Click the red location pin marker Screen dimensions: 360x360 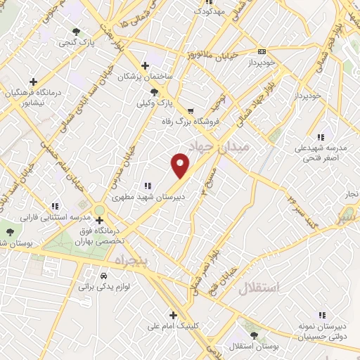click(x=181, y=165)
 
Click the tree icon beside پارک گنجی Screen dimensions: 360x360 click(x=77, y=31)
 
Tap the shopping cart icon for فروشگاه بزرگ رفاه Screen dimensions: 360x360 click(x=191, y=111)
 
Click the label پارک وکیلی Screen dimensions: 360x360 click(x=155, y=103)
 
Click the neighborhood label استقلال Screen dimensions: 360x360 click(x=259, y=288)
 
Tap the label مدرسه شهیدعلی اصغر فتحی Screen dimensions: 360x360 click(x=322, y=153)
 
